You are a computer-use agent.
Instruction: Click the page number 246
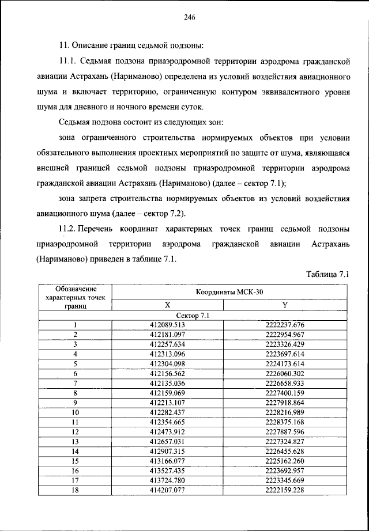coord(190,17)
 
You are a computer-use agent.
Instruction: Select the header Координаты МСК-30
coord(229,293)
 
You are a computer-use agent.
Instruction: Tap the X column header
coord(167,305)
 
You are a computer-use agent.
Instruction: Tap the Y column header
coord(284,305)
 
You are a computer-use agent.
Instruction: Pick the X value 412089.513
coord(167,325)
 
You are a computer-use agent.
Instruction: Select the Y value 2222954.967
coord(284,335)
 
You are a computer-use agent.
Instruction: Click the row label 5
coord(75,364)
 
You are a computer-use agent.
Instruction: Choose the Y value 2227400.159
coord(284,393)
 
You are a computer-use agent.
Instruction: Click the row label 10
coord(75,412)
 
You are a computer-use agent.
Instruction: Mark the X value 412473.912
coord(167,432)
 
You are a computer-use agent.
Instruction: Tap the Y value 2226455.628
coord(284,451)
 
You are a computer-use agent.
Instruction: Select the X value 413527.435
coord(167,471)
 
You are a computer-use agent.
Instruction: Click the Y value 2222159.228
coord(284,490)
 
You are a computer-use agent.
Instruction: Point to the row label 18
coord(75,490)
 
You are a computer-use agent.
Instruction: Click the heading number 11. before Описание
coord(64,45)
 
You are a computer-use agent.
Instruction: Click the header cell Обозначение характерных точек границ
coord(75,298)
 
